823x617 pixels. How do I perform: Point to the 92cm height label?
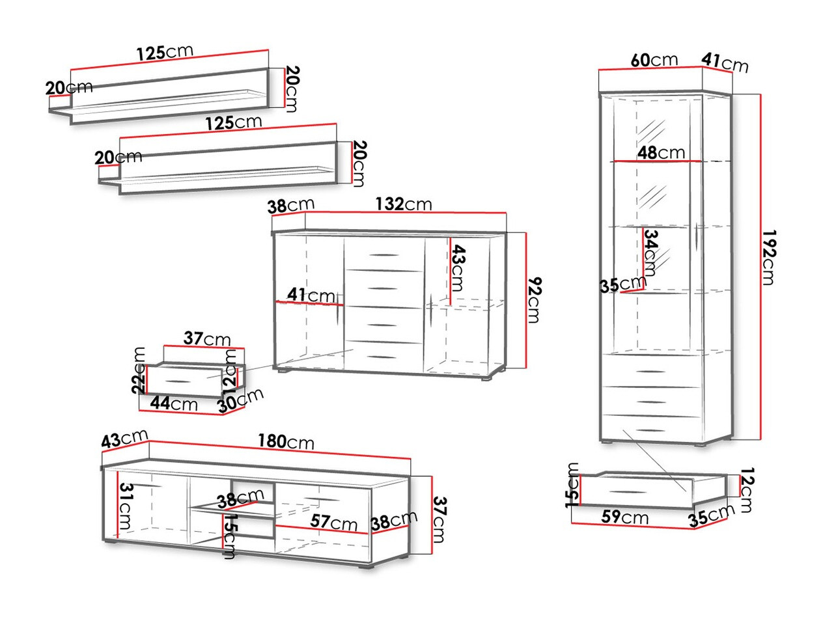[x=535, y=299]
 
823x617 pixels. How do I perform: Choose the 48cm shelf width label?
[x=661, y=153]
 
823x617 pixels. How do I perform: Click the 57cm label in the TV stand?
[x=333, y=523]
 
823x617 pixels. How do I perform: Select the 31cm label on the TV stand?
[x=126, y=506]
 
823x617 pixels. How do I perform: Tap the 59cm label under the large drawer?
[x=624, y=517]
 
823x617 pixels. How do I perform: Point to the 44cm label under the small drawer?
[x=173, y=404]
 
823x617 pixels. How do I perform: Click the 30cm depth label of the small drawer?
[x=241, y=398]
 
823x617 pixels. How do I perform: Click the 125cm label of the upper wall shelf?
[x=165, y=53]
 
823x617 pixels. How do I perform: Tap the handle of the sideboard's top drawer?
[x=383, y=254]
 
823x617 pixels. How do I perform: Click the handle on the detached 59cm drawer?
[x=625, y=491]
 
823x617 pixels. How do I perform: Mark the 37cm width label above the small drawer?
[x=207, y=339]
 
